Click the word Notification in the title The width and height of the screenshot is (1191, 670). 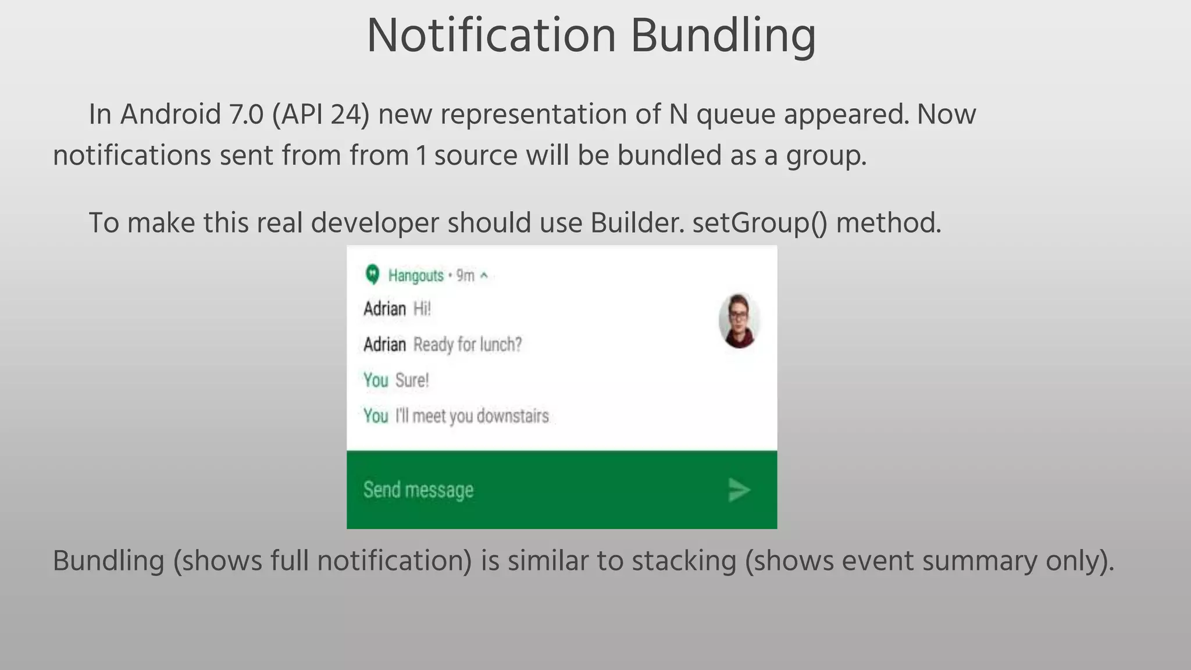(491, 36)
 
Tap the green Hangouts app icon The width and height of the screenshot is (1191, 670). (372, 274)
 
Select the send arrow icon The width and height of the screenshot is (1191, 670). (739, 490)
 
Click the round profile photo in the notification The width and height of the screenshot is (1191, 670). (739, 320)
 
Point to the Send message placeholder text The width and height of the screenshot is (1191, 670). (418, 490)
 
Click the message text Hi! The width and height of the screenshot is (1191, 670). (422, 309)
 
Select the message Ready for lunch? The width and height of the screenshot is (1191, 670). (468, 344)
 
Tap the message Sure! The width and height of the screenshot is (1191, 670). (412, 380)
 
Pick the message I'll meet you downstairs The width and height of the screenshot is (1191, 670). (472, 416)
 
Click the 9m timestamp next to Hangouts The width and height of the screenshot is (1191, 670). (465, 275)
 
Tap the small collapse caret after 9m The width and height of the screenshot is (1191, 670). (484, 276)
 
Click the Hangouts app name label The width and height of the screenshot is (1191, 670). (415, 275)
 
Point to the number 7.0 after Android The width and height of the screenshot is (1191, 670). (247, 115)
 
